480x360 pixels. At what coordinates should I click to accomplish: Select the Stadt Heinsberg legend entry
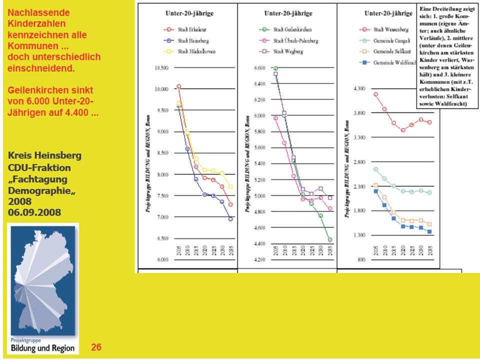point(182,40)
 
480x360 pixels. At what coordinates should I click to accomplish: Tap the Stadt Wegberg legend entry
point(282,51)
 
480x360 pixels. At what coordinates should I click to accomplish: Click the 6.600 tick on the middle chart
point(260,68)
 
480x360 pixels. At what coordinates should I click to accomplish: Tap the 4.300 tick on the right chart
point(360,88)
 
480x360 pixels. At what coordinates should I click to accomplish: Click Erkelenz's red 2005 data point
point(178,86)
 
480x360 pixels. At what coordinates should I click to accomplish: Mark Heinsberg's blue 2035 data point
point(230,218)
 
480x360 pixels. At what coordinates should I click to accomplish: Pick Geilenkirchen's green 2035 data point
point(330,239)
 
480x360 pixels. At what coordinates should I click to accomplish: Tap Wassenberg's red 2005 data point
point(375,94)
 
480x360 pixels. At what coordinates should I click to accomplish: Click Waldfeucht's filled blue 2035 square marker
point(429,232)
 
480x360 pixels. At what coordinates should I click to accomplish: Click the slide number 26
point(96,346)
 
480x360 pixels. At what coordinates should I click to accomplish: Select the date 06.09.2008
point(34,212)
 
